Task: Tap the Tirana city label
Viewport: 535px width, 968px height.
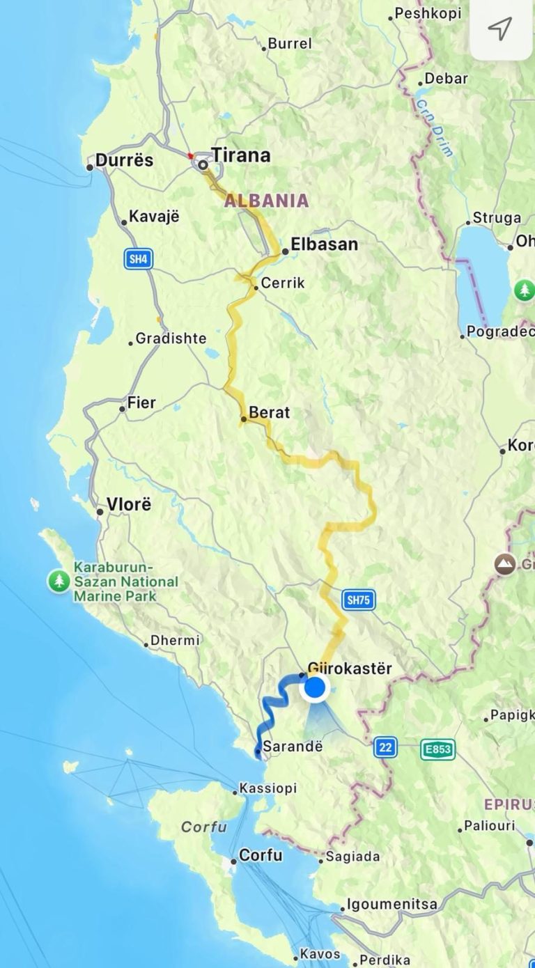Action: (x=240, y=155)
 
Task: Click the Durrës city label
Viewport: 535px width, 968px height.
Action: (x=124, y=160)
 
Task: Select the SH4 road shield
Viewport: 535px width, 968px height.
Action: (x=139, y=260)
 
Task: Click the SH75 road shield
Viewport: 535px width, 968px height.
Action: (x=359, y=600)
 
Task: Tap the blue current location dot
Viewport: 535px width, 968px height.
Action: (x=316, y=688)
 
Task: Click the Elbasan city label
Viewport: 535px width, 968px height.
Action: (x=324, y=244)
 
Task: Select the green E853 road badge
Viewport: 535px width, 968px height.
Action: (x=437, y=749)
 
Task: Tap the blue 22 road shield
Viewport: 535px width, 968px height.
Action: (x=385, y=747)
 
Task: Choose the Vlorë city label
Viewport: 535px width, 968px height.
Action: (x=129, y=504)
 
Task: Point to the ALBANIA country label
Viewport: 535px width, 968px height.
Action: (x=266, y=201)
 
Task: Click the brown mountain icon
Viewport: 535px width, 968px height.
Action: (x=504, y=563)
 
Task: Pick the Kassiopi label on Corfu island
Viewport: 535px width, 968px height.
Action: (x=267, y=788)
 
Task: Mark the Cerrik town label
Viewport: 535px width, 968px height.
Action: (x=283, y=284)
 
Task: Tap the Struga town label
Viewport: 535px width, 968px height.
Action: (x=497, y=218)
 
